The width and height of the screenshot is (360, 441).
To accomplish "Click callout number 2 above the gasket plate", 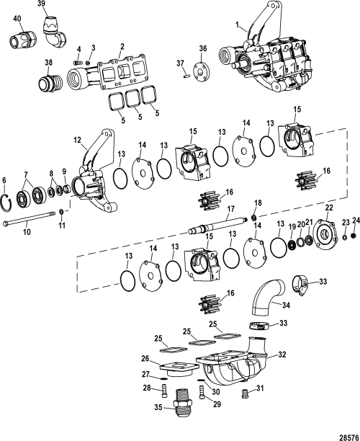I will pos(122,45).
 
